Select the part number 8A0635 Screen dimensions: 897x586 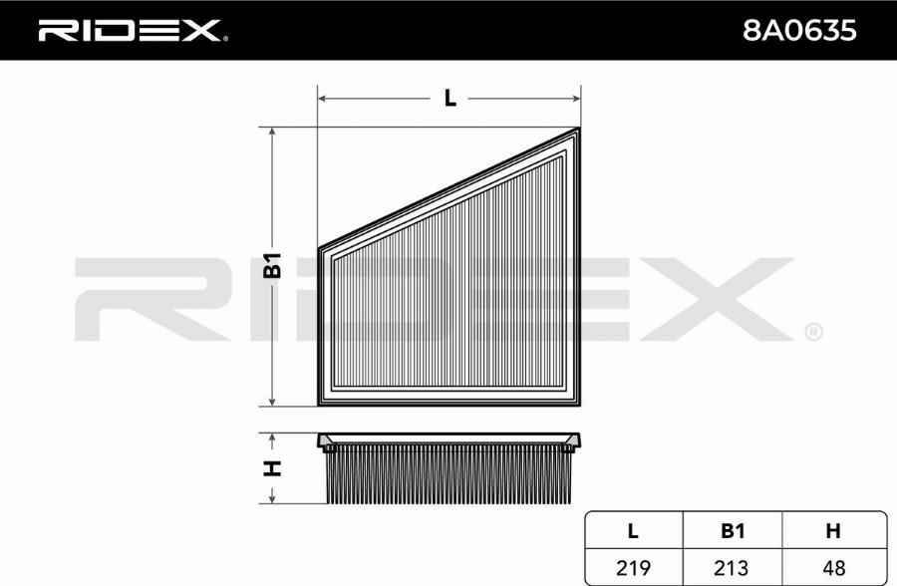click(798, 30)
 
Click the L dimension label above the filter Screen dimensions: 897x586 click(450, 99)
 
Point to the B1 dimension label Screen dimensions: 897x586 click(272, 265)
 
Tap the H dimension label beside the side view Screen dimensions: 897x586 click(272, 468)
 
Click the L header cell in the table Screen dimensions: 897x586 click(633, 531)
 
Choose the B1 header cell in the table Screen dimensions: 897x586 click(733, 531)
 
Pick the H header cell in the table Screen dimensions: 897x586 click(833, 531)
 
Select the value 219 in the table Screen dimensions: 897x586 click(633, 568)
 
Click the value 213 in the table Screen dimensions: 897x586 click(732, 568)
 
